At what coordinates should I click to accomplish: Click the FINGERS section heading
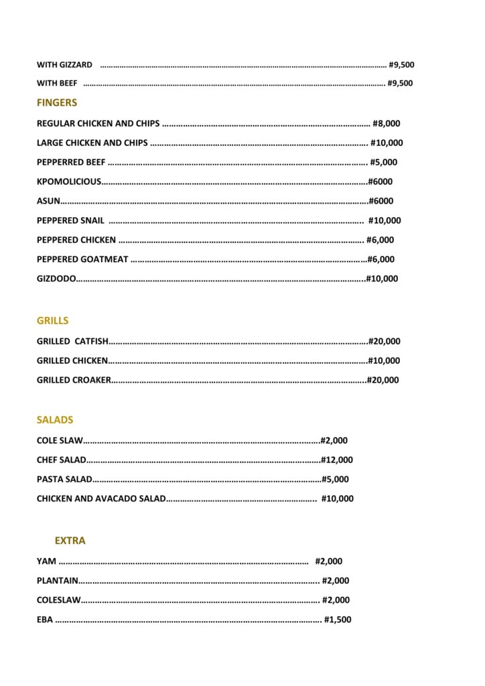(x=57, y=103)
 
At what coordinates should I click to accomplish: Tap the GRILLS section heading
(x=52, y=321)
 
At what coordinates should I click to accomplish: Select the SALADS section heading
(x=55, y=420)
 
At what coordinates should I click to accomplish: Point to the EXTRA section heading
(x=70, y=541)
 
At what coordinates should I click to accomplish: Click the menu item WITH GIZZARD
(x=64, y=65)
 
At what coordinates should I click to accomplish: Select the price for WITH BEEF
(x=401, y=84)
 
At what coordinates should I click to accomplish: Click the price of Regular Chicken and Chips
(x=387, y=124)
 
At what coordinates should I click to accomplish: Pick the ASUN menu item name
(x=48, y=201)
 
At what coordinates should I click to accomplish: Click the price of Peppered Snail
(x=385, y=220)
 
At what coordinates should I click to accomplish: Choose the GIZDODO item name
(x=56, y=279)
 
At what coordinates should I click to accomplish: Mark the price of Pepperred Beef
(x=384, y=162)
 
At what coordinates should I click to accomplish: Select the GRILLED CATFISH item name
(x=72, y=342)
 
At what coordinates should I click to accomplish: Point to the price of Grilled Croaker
(x=383, y=381)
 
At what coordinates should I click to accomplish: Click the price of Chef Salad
(x=337, y=460)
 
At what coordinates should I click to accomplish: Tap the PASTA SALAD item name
(x=64, y=480)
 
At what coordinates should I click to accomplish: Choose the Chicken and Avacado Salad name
(x=100, y=499)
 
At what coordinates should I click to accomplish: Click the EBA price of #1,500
(x=338, y=620)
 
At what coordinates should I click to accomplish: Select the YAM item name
(x=46, y=561)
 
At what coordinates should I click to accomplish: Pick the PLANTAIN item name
(x=58, y=581)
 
